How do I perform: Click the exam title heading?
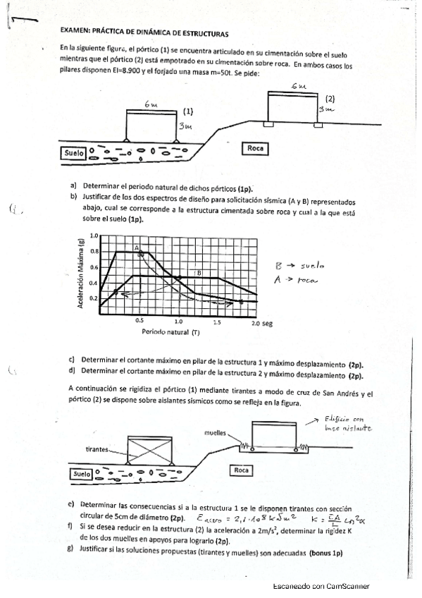(x=144, y=32)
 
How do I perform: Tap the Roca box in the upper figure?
(x=255, y=148)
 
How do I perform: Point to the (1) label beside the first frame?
(x=187, y=111)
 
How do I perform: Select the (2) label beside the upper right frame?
(x=330, y=99)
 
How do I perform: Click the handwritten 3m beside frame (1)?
(x=185, y=127)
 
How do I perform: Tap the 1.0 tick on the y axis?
(x=94, y=236)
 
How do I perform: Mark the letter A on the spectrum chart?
(x=137, y=247)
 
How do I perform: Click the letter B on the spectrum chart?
(x=199, y=272)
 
